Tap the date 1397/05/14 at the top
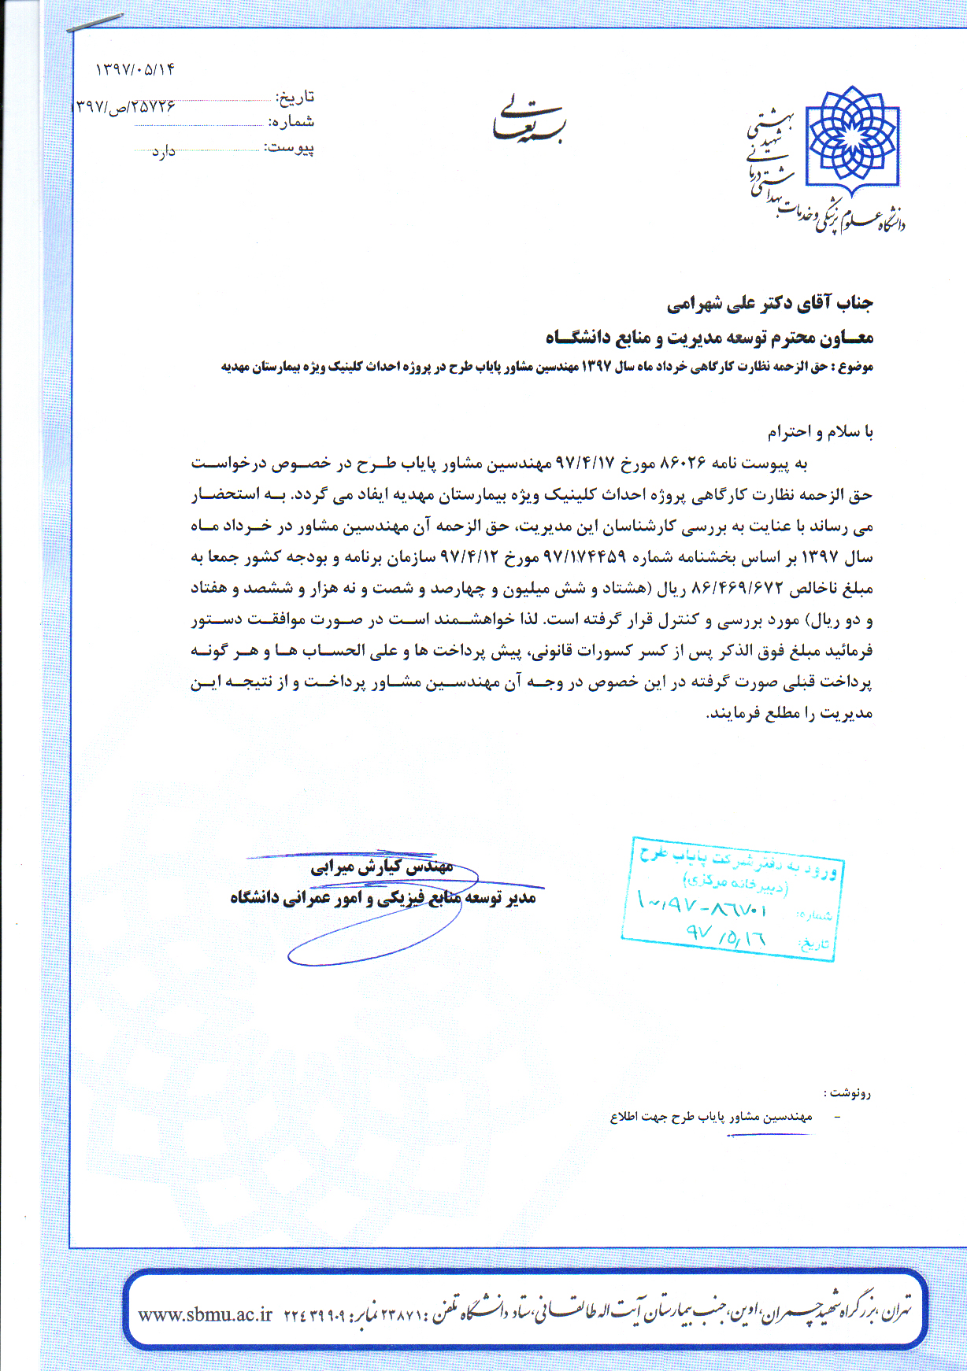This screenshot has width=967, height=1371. (x=135, y=69)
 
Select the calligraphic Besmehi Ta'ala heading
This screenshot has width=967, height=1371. (x=528, y=122)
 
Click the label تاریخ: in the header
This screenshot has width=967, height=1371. (x=295, y=97)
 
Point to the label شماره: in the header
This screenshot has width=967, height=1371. (x=291, y=122)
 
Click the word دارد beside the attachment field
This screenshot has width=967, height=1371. (x=163, y=151)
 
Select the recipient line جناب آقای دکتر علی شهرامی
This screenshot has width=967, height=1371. (x=769, y=303)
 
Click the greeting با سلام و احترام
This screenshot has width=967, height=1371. (x=820, y=432)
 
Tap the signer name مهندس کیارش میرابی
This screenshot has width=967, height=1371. (x=382, y=867)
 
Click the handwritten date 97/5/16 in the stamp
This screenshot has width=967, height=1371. (x=724, y=934)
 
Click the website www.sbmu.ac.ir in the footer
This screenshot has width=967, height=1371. (x=205, y=1314)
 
